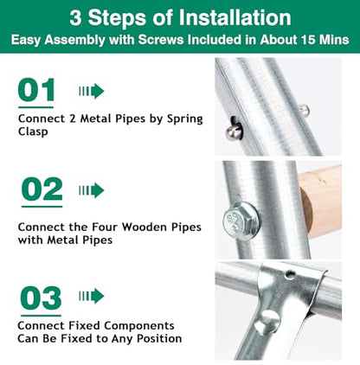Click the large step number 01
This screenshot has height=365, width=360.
36,89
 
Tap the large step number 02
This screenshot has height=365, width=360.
42,189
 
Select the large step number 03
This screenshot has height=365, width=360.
41,298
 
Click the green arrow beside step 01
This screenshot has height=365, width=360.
92,91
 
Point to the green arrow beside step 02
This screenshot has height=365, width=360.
92,190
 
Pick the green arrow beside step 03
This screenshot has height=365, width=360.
92,297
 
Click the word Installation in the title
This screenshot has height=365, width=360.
235,18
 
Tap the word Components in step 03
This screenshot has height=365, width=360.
139,326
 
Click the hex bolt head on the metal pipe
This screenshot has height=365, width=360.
241,221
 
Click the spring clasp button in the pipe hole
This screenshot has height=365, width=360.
234,132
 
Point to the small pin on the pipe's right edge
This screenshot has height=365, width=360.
305,111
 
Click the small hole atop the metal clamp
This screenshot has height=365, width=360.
289,274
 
